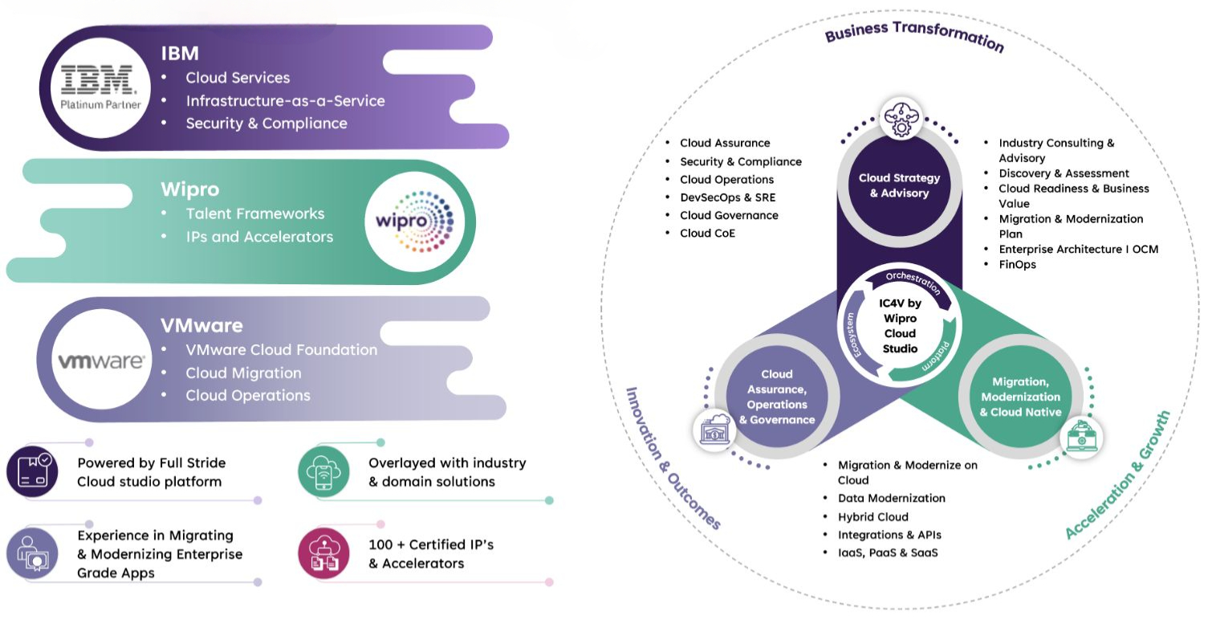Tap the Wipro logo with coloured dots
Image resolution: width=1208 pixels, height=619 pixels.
click(x=409, y=221)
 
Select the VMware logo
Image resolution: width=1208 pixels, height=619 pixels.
click(x=101, y=361)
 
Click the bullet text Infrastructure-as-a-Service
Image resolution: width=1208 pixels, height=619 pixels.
click(x=285, y=101)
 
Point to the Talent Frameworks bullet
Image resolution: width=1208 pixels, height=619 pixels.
click(x=255, y=214)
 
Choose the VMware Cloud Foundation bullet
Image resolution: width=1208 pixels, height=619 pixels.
click(x=281, y=350)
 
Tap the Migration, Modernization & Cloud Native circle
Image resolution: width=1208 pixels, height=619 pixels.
click(x=1020, y=397)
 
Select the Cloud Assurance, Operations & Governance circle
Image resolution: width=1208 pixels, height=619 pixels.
click(x=776, y=397)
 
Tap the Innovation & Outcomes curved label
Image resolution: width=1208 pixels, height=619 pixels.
click(x=673, y=458)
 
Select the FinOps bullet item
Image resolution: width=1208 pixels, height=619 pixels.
click(x=1017, y=265)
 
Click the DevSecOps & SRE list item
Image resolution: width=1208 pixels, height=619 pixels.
click(x=727, y=198)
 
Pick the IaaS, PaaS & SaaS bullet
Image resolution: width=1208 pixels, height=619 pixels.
click(x=888, y=552)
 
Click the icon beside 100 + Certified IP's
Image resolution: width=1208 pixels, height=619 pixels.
click(x=323, y=553)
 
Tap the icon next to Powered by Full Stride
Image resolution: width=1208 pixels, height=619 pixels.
click(x=32, y=472)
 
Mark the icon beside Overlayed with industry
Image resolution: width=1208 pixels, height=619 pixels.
click(x=323, y=472)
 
